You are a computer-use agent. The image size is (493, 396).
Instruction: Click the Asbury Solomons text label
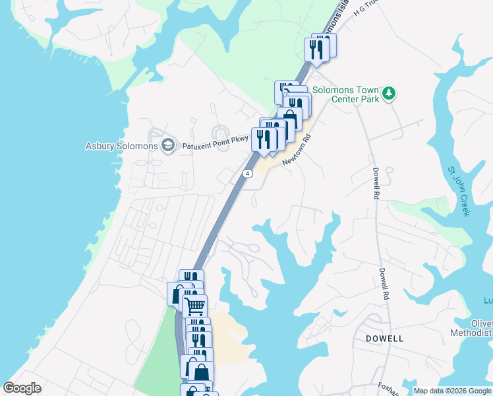(x=122, y=146)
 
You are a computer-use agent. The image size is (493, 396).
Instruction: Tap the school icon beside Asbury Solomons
(x=168, y=145)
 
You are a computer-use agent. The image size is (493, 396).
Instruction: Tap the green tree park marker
(x=390, y=93)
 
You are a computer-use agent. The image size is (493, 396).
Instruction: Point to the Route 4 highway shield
(x=246, y=174)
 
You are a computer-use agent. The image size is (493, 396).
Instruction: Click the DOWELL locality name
(x=384, y=338)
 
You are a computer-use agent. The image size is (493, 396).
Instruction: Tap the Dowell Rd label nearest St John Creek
(x=376, y=183)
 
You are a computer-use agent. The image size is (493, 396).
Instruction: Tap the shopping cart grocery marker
(x=194, y=306)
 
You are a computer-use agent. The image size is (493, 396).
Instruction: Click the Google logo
(x=22, y=388)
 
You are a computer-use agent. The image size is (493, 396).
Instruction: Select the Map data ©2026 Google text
(x=453, y=391)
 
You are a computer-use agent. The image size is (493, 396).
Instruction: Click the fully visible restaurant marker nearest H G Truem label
(x=316, y=50)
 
